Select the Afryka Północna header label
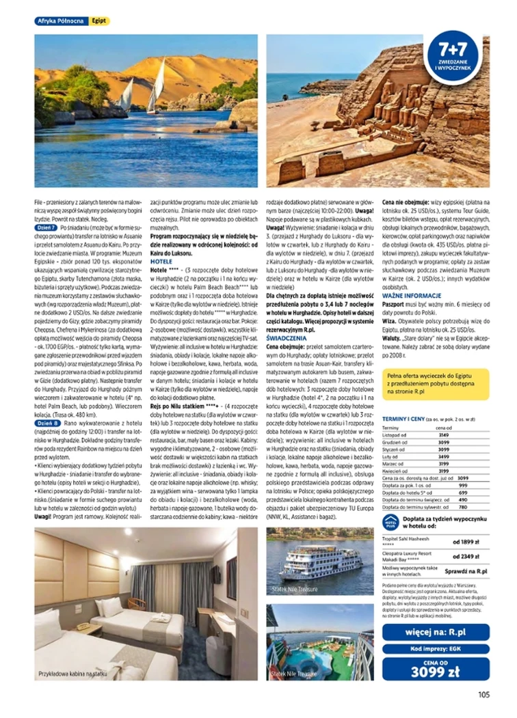pyautogui.click(x=62, y=21)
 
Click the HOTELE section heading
pyautogui.click(x=161, y=261)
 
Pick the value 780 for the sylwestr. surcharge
pyautogui.click(x=462, y=507)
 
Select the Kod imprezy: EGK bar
pyautogui.click(x=436, y=649)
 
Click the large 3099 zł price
pyautogui.click(x=436, y=670)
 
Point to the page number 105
pyautogui.click(x=483, y=695)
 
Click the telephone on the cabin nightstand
pyautogui.click(x=83, y=626)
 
